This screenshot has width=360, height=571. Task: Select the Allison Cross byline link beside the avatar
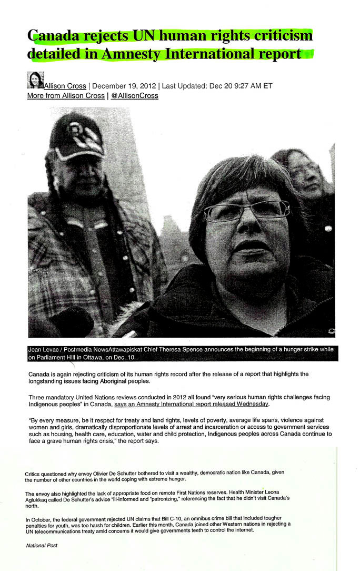click(65, 86)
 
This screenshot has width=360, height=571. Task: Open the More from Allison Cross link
click(66, 96)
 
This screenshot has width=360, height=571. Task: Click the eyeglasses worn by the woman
click(247, 211)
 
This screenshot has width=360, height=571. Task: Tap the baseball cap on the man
click(76, 136)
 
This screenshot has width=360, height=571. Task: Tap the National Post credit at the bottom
click(42, 545)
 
